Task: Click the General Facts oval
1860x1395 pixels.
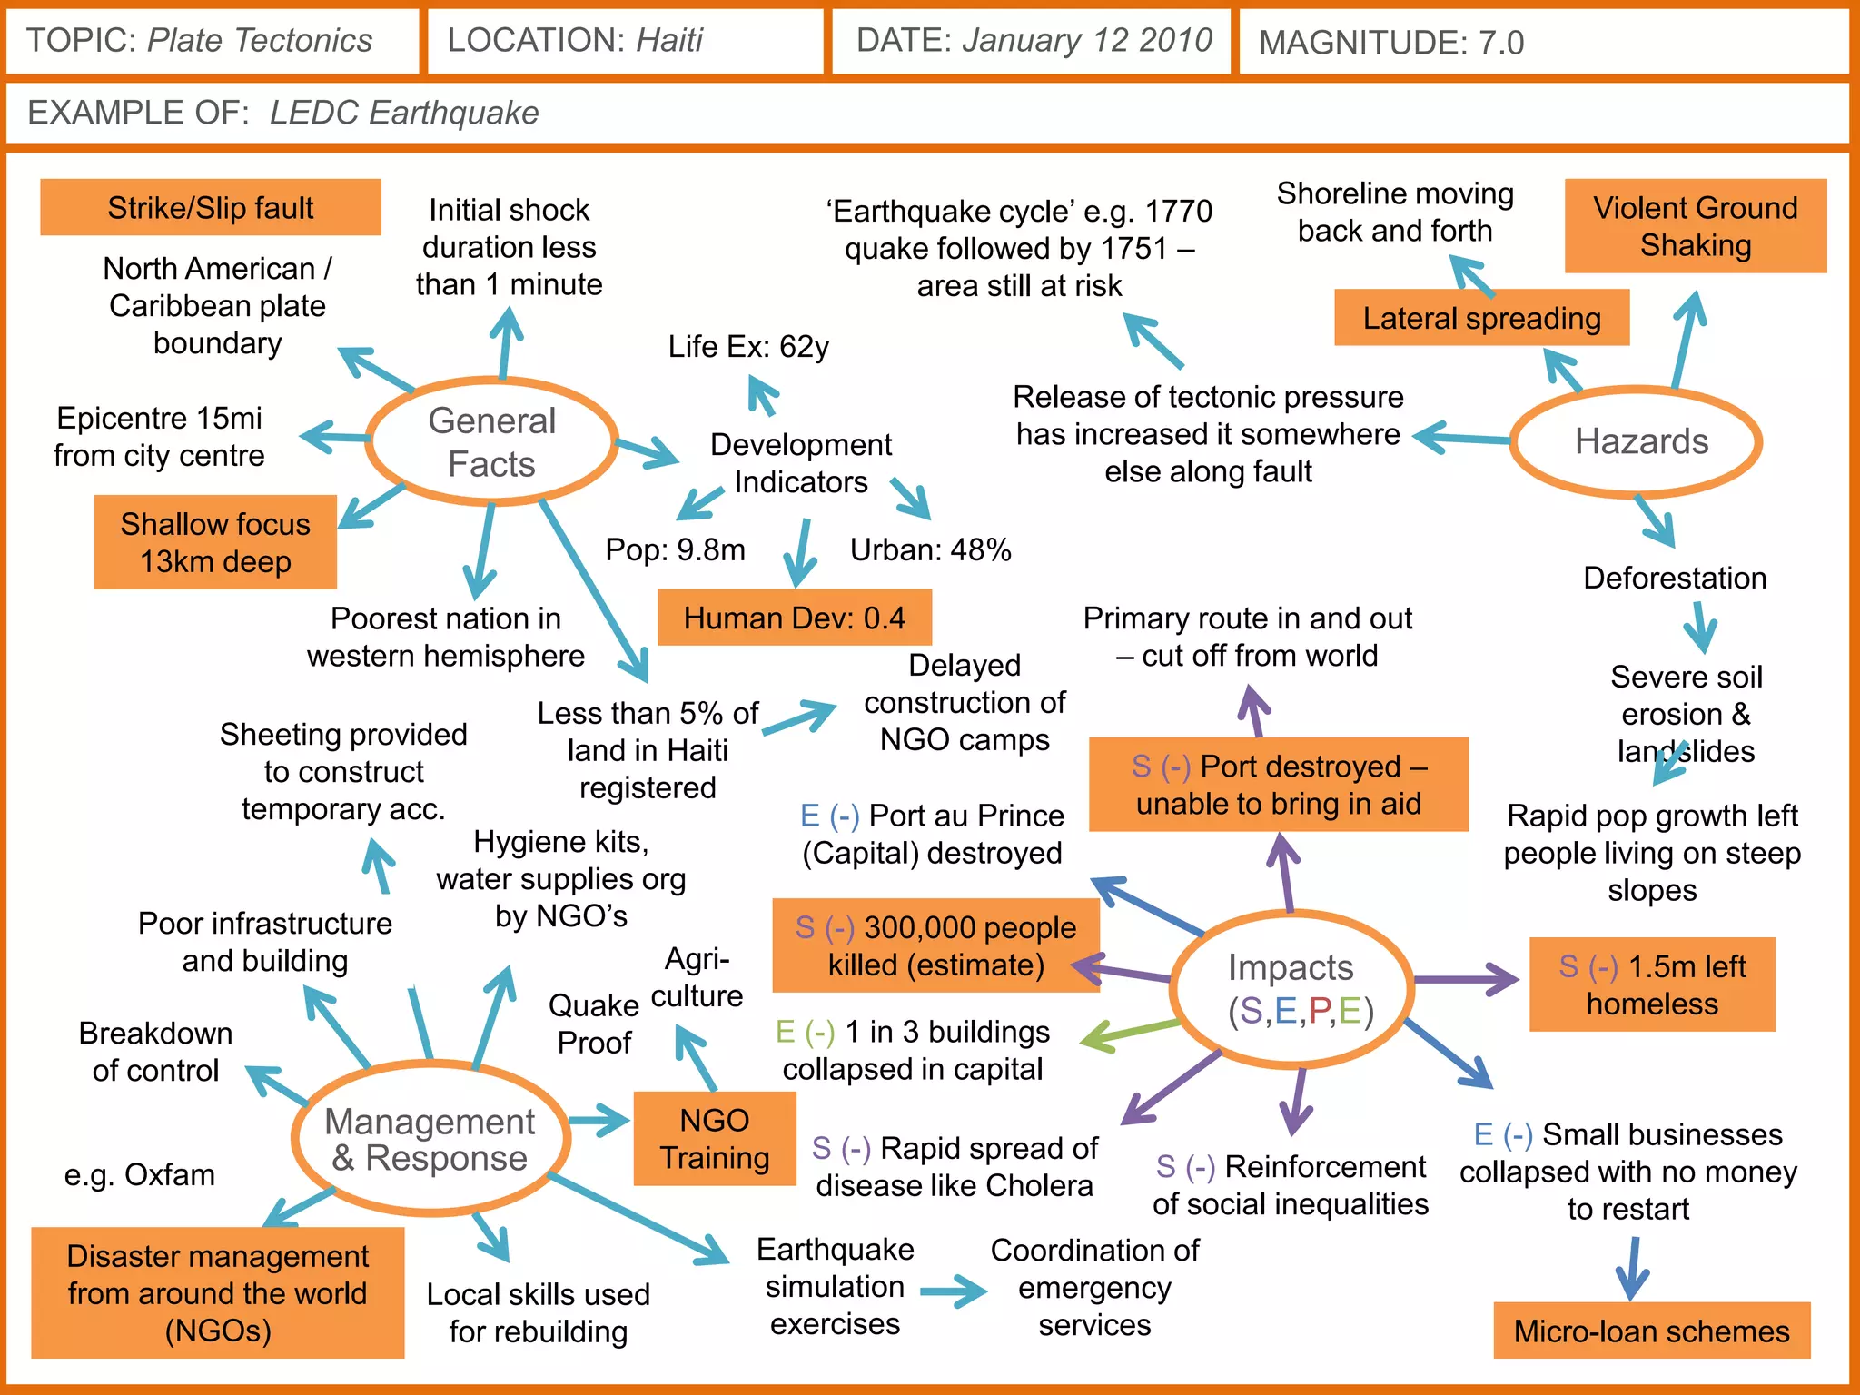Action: click(x=491, y=441)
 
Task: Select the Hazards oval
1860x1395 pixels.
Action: click(x=1640, y=441)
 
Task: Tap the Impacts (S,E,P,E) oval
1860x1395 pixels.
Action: click(x=1291, y=988)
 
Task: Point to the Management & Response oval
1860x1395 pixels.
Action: click(x=430, y=1139)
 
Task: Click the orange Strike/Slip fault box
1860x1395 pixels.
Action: click(x=211, y=208)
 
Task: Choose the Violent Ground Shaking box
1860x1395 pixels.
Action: click(x=1695, y=226)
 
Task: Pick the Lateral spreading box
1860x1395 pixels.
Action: click(x=1481, y=318)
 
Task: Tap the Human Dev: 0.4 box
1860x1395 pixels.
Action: click(x=794, y=618)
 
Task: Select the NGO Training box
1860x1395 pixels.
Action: click(x=715, y=1139)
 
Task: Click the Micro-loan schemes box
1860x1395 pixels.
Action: click(x=1651, y=1331)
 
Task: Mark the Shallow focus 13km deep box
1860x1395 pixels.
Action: click(x=215, y=542)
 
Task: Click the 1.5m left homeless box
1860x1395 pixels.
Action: click(x=1652, y=984)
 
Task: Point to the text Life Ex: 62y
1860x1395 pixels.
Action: click(x=748, y=346)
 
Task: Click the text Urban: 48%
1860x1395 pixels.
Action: click(x=930, y=549)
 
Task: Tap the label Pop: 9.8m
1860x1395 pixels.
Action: click(x=675, y=549)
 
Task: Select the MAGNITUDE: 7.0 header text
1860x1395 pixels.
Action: click(x=1390, y=42)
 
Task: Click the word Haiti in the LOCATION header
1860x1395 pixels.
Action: click(x=669, y=40)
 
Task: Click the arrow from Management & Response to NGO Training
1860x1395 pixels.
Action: click(x=599, y=1121)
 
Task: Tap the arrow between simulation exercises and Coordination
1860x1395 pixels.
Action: click(x=953, y=1291)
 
